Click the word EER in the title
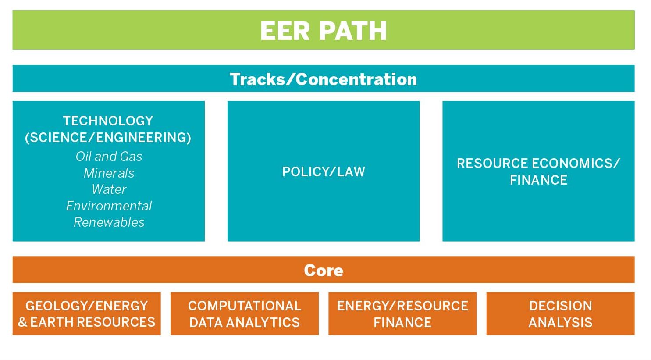pos(285,31)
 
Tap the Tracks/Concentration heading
pos(324,79)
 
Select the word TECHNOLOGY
pos(108,121)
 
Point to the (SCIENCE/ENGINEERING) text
pos(108,138)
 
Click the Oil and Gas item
pos(109,157)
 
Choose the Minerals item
pos(109,173)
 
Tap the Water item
pos(109,189)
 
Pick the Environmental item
pos(109,206)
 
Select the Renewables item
pos(109,222)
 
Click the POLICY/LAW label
pos(324,171)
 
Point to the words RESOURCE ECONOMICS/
pos(538,163)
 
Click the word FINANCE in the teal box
pos(538,180)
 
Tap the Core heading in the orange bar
pos(324,271)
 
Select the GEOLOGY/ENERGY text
pos(87,306)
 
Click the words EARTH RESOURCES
pos(93,322)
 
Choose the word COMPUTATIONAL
pos(245,306)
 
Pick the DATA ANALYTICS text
pos(245,322)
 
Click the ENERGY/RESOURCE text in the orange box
pos(402,306)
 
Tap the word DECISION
pos(561,306)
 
